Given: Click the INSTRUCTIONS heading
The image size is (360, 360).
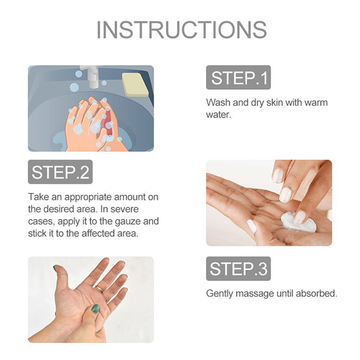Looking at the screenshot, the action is (x=182, y=30).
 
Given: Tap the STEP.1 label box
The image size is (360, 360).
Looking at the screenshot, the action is (x=238, y=77).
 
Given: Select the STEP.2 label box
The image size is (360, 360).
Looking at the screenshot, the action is (x=60, y=172).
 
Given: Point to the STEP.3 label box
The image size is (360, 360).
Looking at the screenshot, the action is (x=238, y=269).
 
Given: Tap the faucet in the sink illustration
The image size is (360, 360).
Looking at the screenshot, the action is (x=91, y=76).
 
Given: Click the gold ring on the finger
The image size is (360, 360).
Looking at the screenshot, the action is (x=99, y=288).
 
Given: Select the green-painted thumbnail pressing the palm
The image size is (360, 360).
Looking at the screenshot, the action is (x=95, y=308).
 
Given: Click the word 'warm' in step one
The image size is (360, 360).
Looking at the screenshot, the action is (x=316, y=103).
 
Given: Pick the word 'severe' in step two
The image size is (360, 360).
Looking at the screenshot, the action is (x=125, y=209).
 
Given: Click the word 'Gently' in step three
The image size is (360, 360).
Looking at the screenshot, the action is (x=220, y=294).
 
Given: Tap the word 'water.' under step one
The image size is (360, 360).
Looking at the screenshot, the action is (x=218, y=115).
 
